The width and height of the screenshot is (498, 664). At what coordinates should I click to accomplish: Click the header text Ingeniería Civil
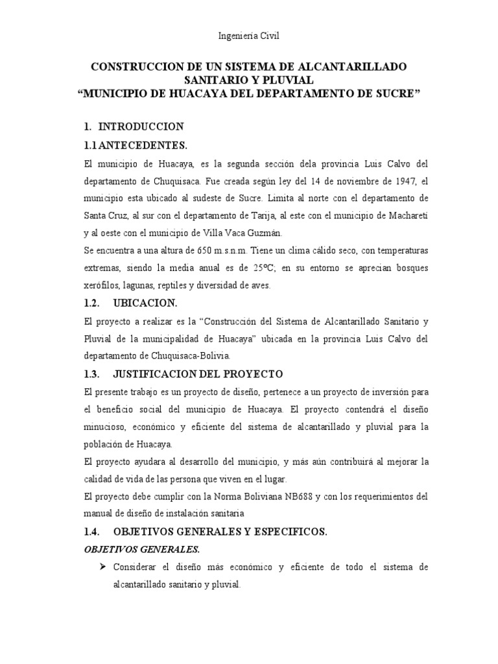[249, 36]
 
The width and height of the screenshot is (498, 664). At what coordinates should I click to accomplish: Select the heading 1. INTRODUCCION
[134, 126]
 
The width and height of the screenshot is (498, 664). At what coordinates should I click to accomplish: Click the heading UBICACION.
[145, 303]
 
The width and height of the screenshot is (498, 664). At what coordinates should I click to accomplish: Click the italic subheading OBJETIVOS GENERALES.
[136, 549]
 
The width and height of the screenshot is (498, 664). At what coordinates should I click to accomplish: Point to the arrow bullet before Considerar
[102, 567]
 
